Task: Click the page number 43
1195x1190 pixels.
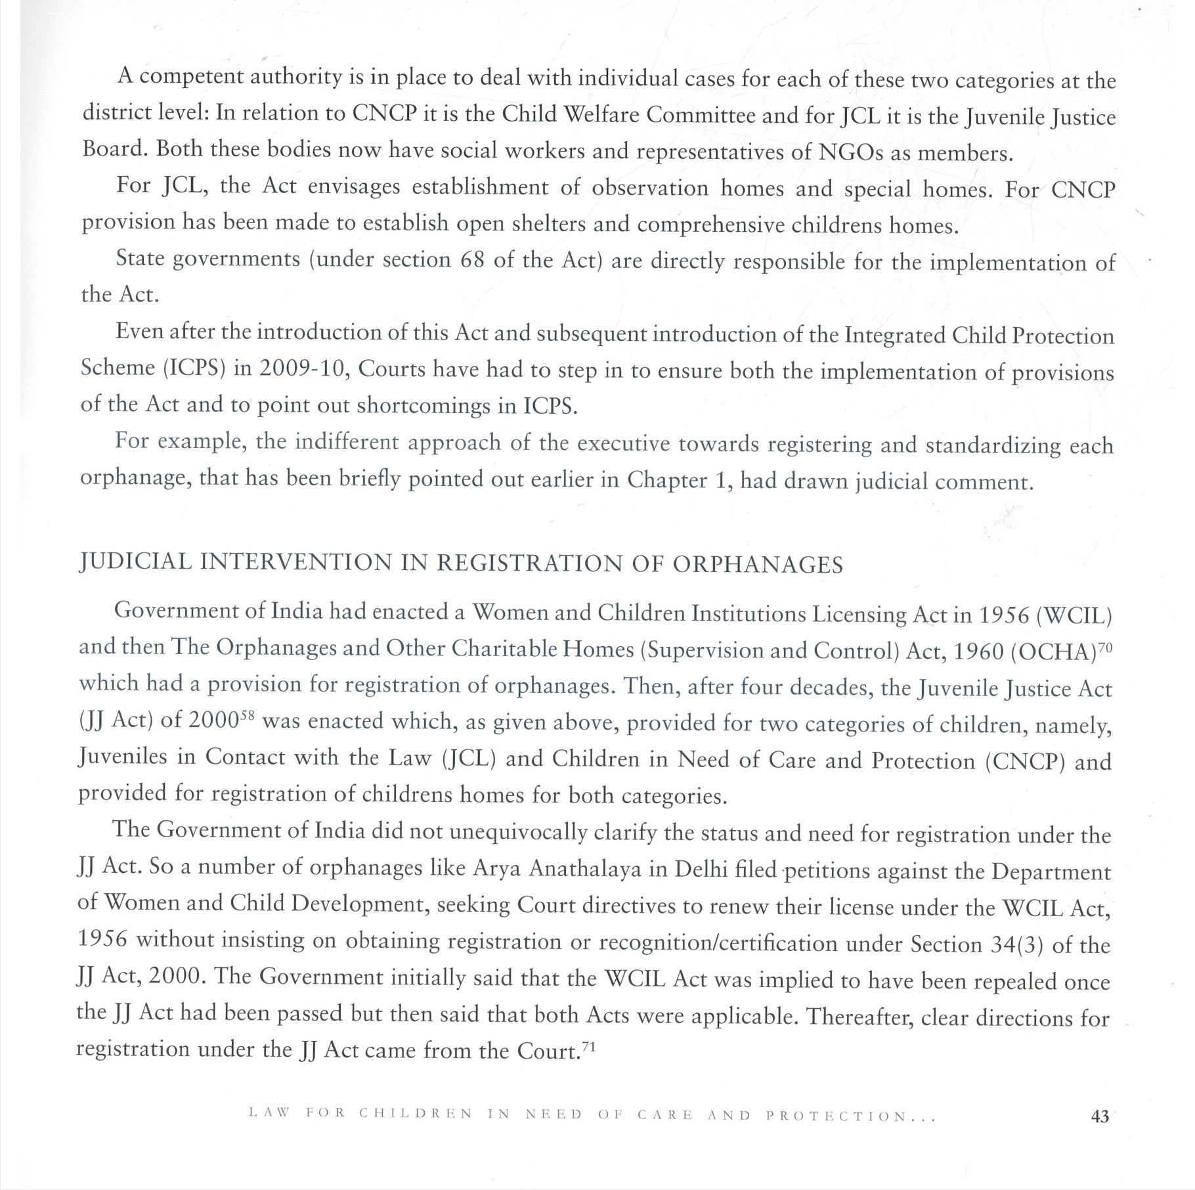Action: click(x=1100, y=1116)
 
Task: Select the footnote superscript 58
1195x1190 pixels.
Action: click(x=245, y=716)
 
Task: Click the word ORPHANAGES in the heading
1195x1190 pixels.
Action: click(x=758, y=564)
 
